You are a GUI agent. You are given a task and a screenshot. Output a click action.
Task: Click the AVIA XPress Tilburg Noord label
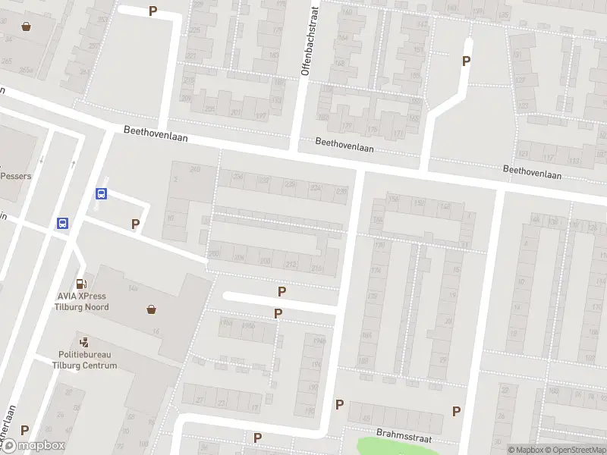[x=81, y=302]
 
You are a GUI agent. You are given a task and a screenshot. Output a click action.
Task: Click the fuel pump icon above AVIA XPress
[x=81, y=280]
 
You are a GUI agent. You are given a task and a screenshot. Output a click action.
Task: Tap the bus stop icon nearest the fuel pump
[x=63, y=223]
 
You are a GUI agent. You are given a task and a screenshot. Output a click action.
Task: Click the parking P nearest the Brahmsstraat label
[x=456, y=411]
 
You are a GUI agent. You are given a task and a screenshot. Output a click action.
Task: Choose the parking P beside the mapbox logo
[x=25, y=430]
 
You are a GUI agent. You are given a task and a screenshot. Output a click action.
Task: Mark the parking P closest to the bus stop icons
[x=136, y=224]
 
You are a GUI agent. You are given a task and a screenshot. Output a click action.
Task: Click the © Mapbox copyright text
[x=525, y=450]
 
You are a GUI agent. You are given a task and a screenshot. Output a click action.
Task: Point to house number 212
[x=290, y=264]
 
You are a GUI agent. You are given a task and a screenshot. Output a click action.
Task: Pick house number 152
[x=418, y=203]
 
